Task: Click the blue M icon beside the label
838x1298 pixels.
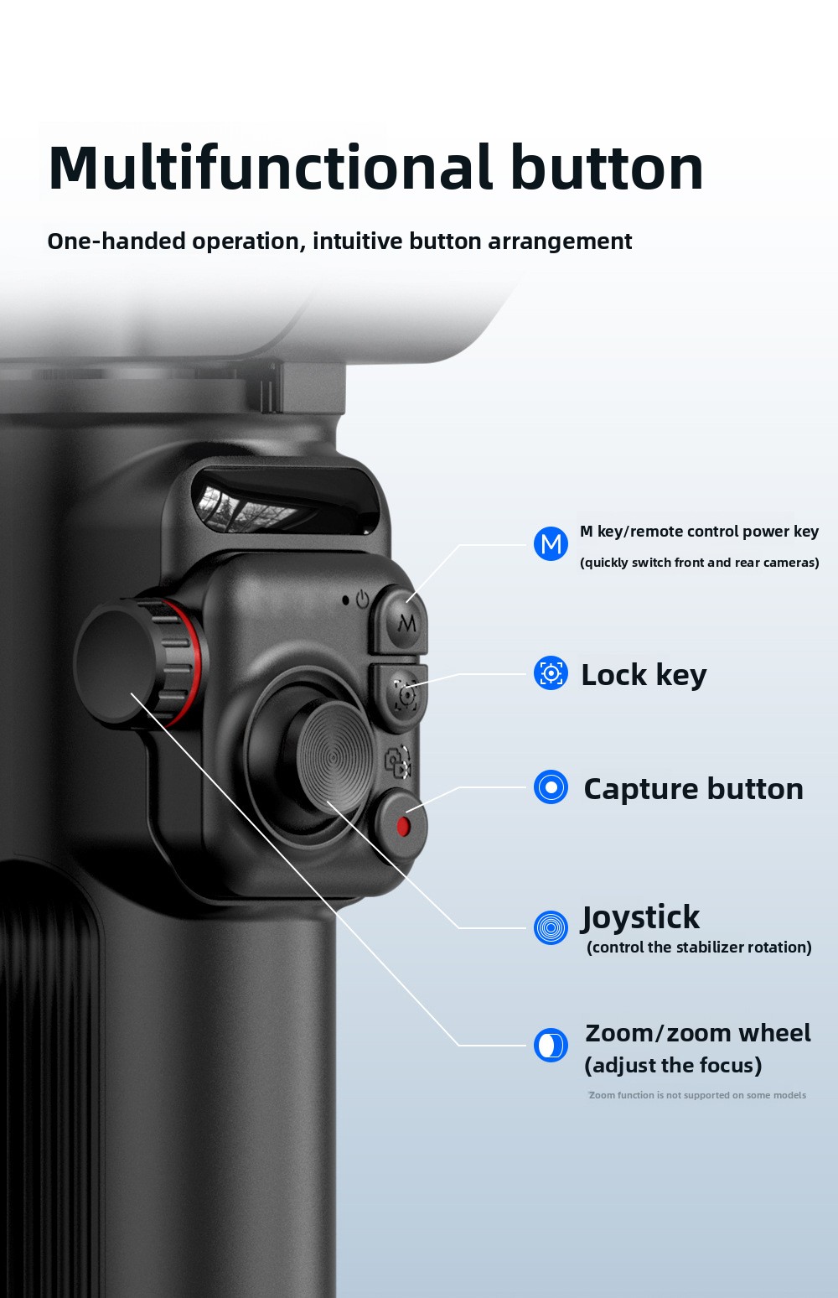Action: coord(551,543)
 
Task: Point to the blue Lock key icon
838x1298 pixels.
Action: coord(551,673)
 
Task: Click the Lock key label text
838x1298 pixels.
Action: coord(644,675)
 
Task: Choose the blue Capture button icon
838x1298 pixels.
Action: coord(551,787)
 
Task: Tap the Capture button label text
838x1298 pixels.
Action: coord(693,789)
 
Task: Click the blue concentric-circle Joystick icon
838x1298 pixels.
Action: coord(551,927)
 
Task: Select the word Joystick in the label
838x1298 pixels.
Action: coord(640,918)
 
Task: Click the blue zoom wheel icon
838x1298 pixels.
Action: coord(551,1046)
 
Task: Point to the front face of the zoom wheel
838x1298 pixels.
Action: coord(116,663)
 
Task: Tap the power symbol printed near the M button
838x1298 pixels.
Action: coord(363,600)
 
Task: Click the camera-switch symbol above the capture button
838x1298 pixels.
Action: coord(398,761)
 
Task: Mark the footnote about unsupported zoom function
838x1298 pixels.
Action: coord(697,1094)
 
